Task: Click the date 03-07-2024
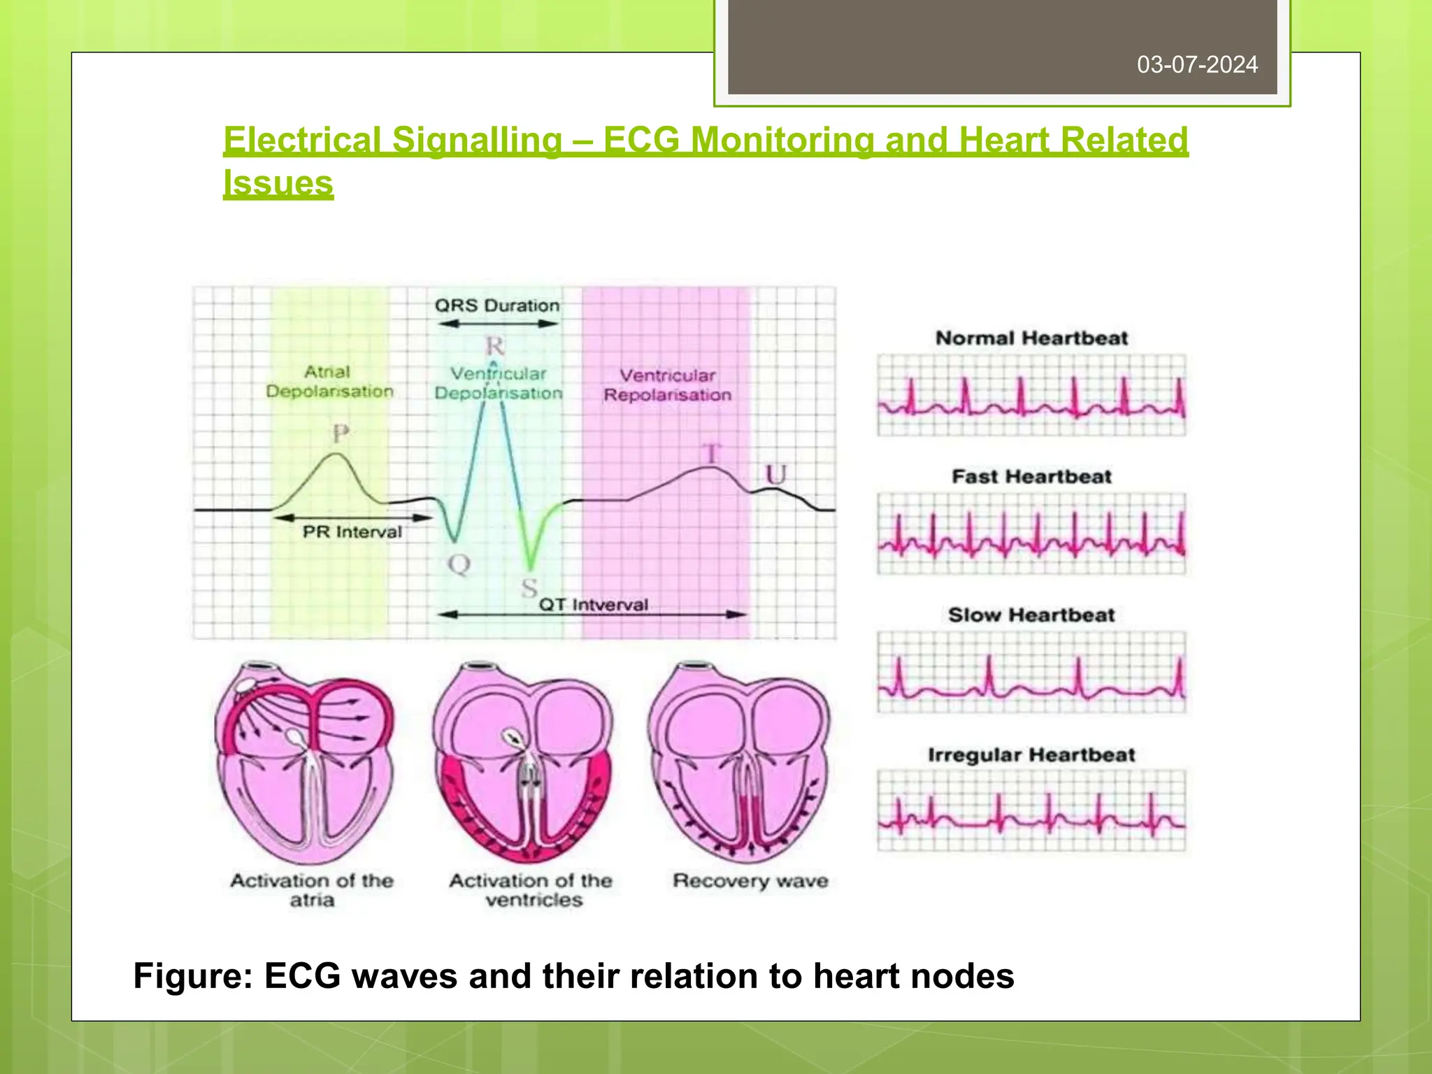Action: (x=1196, y=65)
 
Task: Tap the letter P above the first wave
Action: (x=341, y=434)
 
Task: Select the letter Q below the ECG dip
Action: (x=459, y=564)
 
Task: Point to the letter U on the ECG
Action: (x=775, y=475)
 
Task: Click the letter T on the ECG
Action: (x=711, y=454)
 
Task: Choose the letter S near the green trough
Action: (x=529, y=588)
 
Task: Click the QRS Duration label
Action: (x=497, y=306)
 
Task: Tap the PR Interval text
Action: (x=352, y=532)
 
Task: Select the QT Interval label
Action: (x=593, y=604)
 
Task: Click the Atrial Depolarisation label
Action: (x=329, y=382)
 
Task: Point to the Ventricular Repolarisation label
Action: (x=667, y=385)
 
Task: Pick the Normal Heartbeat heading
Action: (x=1031, y=338)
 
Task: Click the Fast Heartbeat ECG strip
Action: (x=1031, y=534)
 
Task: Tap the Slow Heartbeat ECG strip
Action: (x=1031, y=673)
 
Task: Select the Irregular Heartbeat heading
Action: (x=1031, y=755)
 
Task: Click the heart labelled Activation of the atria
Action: (x=304, y=762)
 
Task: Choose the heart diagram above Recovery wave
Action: (x=739, y=762)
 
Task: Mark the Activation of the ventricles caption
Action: (x=531, y=890)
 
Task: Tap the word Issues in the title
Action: (x=278, y=183)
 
